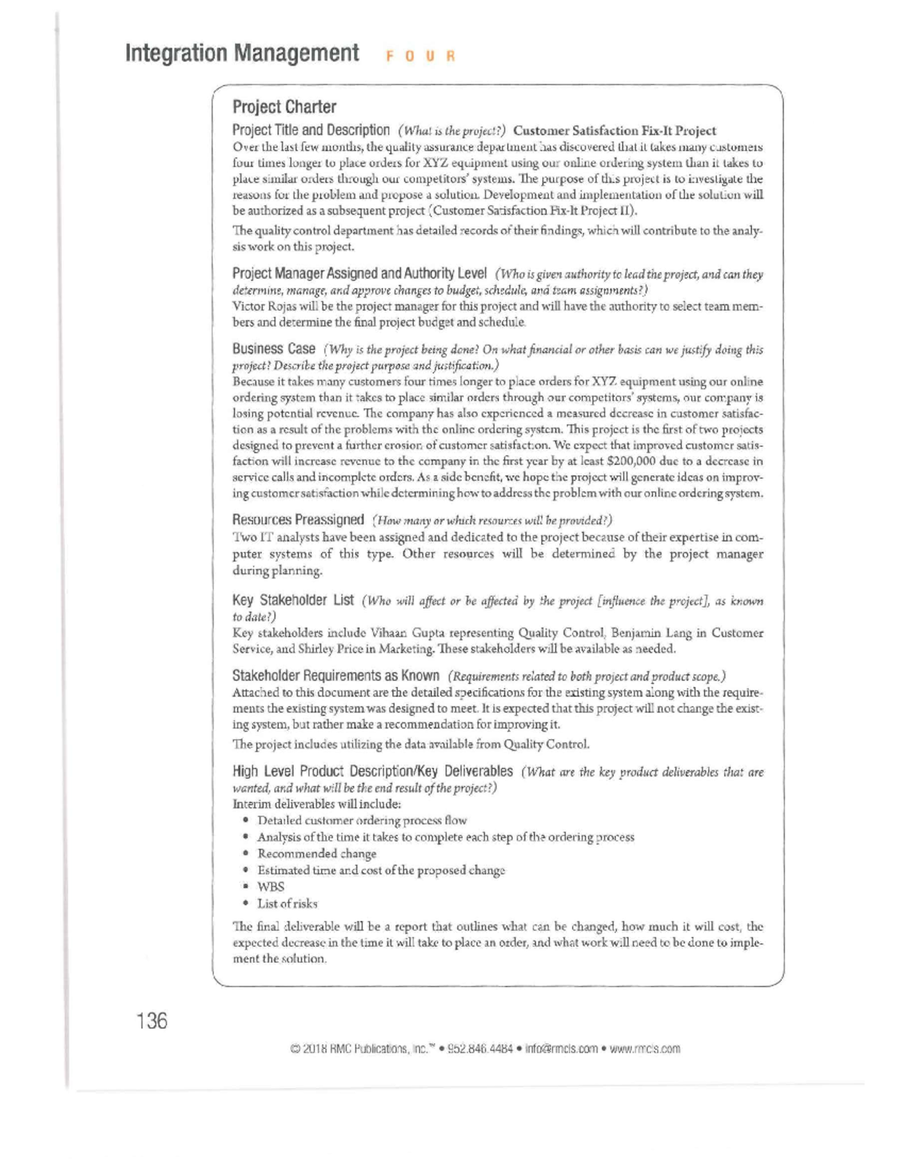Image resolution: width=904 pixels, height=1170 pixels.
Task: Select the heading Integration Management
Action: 242,53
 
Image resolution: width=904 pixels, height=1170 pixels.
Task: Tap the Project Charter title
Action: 284,107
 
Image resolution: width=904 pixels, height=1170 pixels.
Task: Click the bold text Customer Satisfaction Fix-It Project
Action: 614,130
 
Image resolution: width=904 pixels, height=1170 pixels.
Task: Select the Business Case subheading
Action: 273,349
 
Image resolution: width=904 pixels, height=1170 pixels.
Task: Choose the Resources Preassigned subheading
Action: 298,520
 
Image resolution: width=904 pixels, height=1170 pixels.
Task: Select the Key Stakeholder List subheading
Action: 293,600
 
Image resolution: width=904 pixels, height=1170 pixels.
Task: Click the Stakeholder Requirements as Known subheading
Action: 335,675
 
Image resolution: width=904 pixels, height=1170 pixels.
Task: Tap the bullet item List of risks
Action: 287,903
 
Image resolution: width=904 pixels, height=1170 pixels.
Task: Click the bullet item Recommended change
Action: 316,854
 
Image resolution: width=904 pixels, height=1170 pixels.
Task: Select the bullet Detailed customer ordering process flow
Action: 362,820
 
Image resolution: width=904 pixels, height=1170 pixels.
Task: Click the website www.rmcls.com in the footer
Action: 645,1049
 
